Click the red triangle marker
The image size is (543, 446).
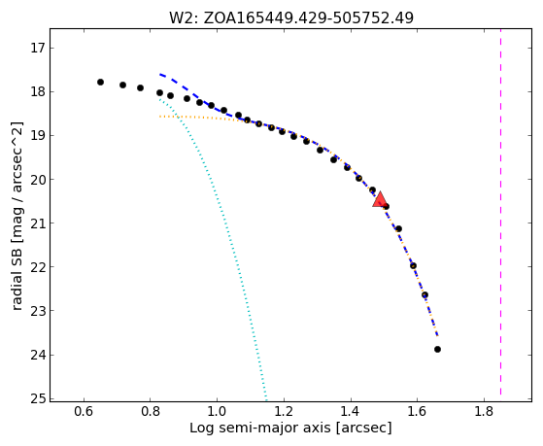click(380, 199)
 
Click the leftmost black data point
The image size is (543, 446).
click(100, 83)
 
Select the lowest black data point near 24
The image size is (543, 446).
click(437, 349)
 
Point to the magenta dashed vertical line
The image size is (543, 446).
click(501, 212)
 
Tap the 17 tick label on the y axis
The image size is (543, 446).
click(38, 48)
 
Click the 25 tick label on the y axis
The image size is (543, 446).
click(38, 398)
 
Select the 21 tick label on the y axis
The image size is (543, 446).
click(38, 223)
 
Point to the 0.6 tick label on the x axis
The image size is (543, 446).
click(84, 411)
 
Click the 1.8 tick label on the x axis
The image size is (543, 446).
click(484, 411)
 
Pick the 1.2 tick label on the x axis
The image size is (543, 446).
click(284, 411)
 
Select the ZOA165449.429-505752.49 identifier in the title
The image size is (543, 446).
click(308, 17)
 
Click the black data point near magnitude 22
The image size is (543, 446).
click(413, 266)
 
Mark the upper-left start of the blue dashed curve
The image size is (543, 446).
click(160, 74)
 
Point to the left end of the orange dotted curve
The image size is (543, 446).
click(159, 117)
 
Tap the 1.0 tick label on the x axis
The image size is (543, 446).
click(217, 411)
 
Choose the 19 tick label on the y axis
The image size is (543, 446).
click(38, 135)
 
